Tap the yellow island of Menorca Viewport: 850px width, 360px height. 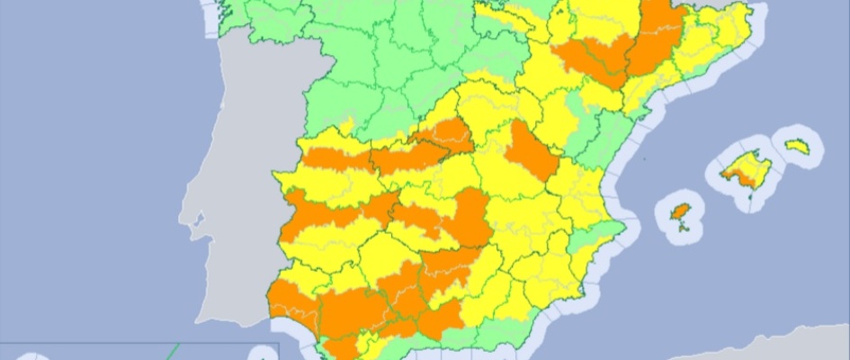click(797, 145)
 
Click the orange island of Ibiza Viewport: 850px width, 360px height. click(682, 212)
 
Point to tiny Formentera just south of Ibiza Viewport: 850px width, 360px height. click(685, 228)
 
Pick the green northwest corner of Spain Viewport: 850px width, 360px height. click(261, 27)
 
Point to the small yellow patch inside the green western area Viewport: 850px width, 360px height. click(348, 121)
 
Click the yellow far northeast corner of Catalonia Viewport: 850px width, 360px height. click(733, 27)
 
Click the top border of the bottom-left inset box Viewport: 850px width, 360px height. click(135, 343)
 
